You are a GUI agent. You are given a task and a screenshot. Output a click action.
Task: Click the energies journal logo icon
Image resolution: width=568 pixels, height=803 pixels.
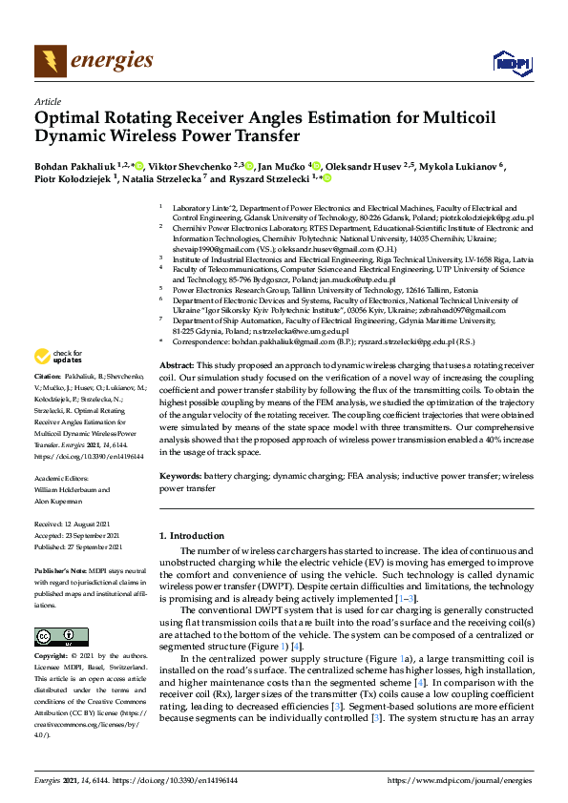click(x=51, y=61)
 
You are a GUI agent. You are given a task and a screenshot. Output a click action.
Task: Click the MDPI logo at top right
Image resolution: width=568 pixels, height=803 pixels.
click(x=512, y=63)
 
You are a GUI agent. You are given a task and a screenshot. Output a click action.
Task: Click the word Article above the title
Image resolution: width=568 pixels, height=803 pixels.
click(x=47, y=101)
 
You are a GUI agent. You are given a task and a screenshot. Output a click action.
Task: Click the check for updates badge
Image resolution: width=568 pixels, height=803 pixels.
click(x=57, y=357)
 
